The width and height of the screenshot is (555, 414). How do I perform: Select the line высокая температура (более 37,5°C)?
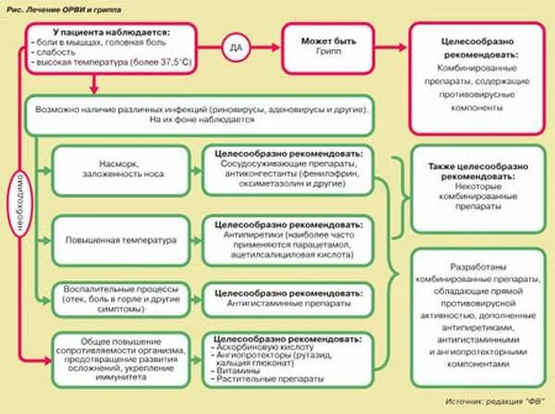click(111, 62)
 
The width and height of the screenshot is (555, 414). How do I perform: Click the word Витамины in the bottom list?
click(237, 371)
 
